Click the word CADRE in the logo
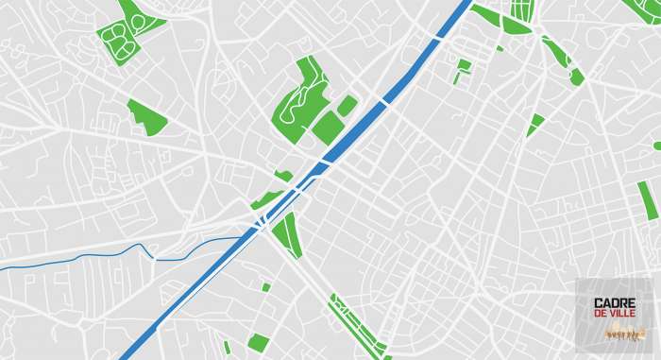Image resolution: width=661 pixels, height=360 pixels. click(615, 303)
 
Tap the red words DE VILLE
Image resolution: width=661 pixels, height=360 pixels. click(615, 315)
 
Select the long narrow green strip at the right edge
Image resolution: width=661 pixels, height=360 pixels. click(648, 200)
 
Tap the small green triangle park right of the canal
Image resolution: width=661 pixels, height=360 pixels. click(535, 123)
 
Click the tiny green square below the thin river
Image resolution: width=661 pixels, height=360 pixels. click(266, 287)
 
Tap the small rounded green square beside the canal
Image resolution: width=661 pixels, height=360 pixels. click(347, 105)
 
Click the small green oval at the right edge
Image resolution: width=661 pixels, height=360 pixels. click(657, 146)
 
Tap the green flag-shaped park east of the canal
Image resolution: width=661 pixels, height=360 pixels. click(463, 67)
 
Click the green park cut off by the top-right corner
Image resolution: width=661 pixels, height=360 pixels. click(644, 9)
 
